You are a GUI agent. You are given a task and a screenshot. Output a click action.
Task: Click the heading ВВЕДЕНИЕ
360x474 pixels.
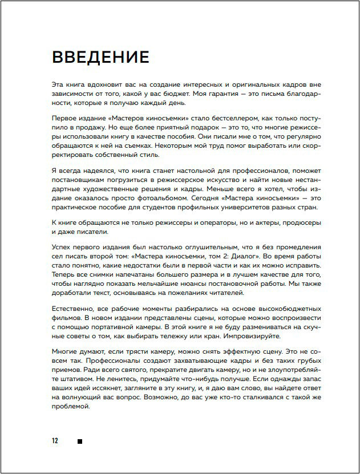[100, 57]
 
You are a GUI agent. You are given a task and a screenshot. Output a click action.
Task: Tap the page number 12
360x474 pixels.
[55, 440]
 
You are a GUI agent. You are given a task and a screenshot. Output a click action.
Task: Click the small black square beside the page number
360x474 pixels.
[80, 441]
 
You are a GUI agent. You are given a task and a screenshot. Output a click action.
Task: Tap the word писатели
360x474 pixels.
[86, 232]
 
